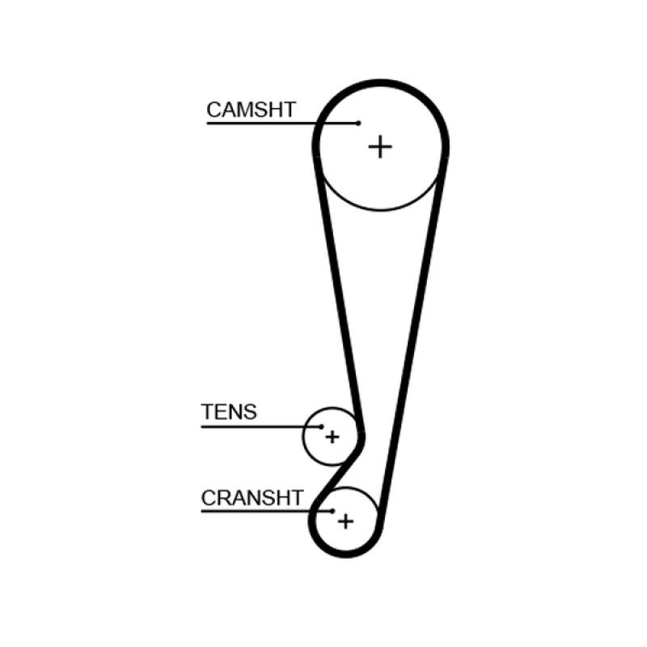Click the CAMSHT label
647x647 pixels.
[251, 110]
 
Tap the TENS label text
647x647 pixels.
[229, 412]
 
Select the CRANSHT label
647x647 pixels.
[252, 497]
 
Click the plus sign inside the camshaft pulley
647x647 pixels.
[380, 146]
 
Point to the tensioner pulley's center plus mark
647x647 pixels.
[332, 437]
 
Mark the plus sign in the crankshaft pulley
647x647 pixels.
[345, 521]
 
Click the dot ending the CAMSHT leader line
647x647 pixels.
[358, 124]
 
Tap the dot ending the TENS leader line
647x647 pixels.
[321, 426]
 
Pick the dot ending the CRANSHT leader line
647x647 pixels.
[332, 511]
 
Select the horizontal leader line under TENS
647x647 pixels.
[251, 426]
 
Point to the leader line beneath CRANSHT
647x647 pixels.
[259, 511]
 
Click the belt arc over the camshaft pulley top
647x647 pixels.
[380, 83]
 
